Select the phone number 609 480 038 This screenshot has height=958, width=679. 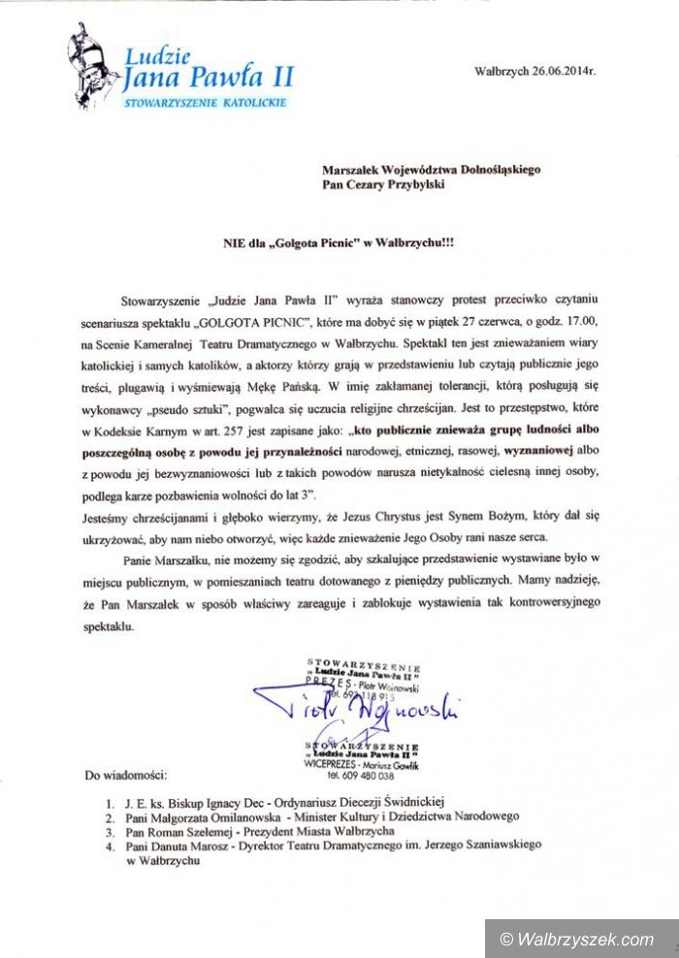pos(372,776)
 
